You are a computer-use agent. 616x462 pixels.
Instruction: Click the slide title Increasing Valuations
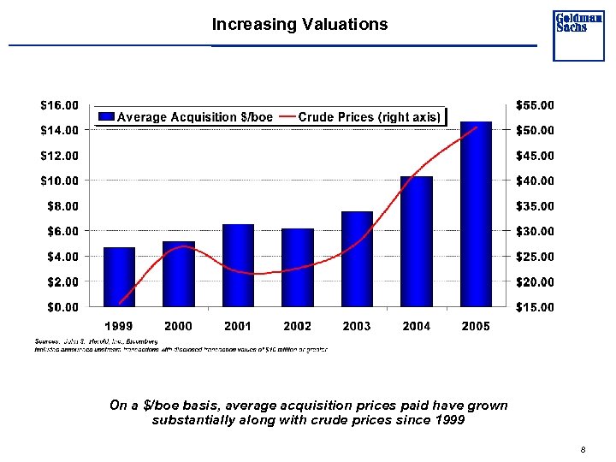(x=299, y=25)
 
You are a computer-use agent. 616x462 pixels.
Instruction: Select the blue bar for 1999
(x=119, y=276)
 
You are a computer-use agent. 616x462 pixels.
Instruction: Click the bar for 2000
(x=179, y=274)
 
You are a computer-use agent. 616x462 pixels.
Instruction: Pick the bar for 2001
(x=238, y=265)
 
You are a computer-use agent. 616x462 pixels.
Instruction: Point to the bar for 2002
(x=297, y=267)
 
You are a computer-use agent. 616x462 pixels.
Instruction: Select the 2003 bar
(x=357, y=258)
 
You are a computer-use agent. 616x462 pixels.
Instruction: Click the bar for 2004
(x=417, y=241)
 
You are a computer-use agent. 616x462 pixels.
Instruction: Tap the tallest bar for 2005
(x=476, y=214)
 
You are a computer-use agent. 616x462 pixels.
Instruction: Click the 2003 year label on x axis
(x=357, y=326)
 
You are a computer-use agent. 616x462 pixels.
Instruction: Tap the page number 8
(x=582, y=450)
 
